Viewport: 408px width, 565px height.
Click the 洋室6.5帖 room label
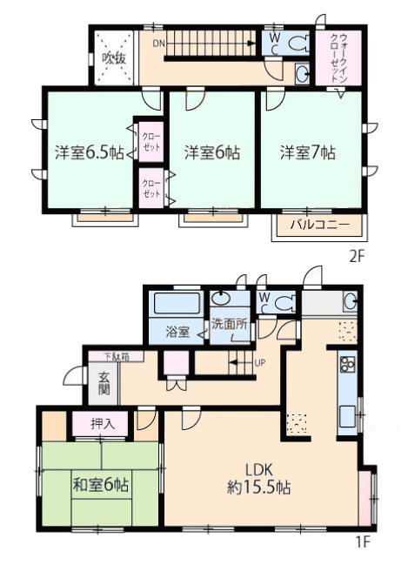[x=90, y=152]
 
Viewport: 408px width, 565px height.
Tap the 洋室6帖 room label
[x=212, y=152]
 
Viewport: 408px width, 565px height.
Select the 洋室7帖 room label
[x=308, y=152]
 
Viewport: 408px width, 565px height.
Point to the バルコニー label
[x=320, y=225]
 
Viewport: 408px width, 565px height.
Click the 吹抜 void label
[x=114, y=58]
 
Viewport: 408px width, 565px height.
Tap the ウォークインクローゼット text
[x=338, y=57]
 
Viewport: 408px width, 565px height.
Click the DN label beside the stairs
[x=158, y=44]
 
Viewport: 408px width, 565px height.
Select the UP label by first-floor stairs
[x=259, y=362]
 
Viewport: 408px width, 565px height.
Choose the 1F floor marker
[x=364, y=542]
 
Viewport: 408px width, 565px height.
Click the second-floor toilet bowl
[x=299, y=44]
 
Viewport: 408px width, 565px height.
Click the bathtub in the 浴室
[x=177, y=303]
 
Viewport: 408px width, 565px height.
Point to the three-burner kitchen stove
[x=347, y=364]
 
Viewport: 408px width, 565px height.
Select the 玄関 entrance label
[x=104, y=384]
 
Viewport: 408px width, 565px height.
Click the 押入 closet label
[x=103, y=423]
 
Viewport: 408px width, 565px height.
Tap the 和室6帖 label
[x=100, y=485]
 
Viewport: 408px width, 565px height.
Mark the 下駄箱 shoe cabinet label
[x=117, y=357]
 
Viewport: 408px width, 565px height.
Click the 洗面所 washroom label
[x=229, y=324]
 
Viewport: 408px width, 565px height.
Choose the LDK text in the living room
[x=259, y=470]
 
